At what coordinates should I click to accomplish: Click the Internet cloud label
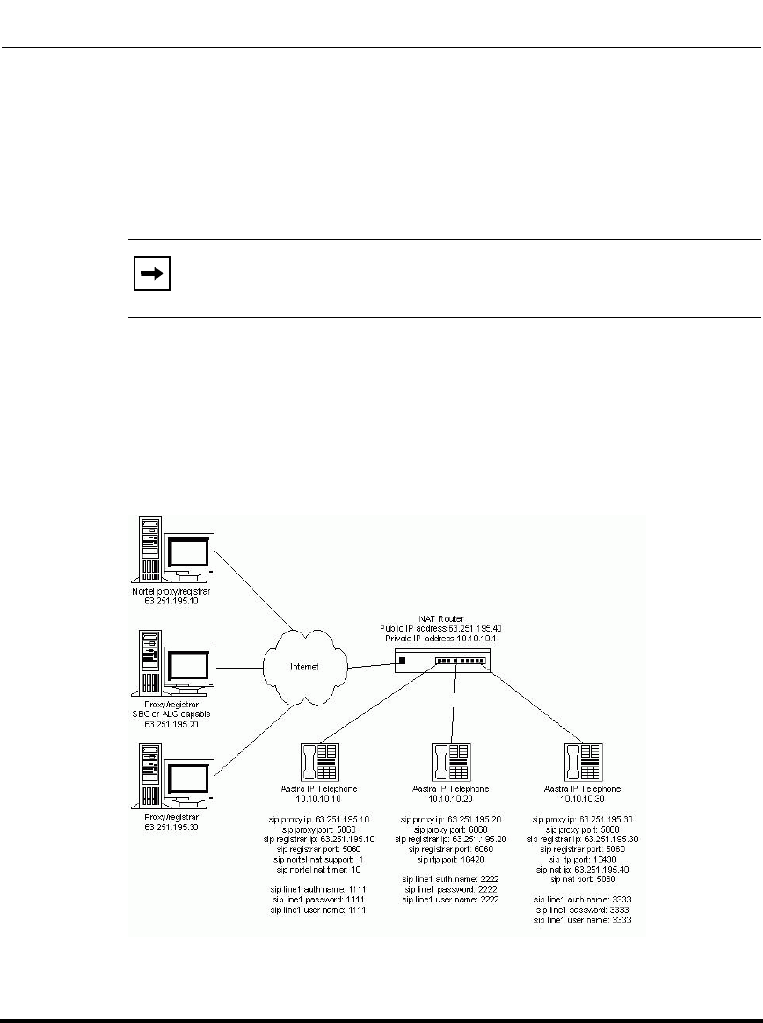point(302,668)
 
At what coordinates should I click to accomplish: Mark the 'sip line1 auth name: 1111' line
point(318,889)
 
